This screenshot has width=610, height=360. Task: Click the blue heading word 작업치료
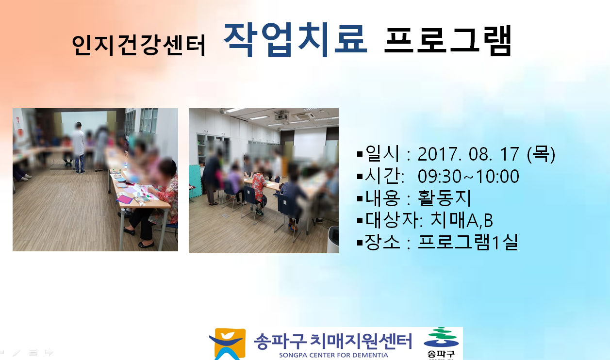click(x=296, y=40)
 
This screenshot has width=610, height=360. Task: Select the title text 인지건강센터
click(x=139, y=45)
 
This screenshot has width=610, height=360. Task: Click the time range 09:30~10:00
click(x=468, y=176)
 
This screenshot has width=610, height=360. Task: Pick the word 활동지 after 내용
click(x=444, y=198)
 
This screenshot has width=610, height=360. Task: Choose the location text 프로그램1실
click(x=468, y=242)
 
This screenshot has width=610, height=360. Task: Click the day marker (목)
click(x=541, y=154)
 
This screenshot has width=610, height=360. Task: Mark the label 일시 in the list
click(x=382, y=153)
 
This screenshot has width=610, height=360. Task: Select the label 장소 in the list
click(x=382, y=242)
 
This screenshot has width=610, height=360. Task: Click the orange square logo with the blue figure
click(x=228, y=344)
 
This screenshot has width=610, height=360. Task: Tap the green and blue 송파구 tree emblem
click(x=441, y=337)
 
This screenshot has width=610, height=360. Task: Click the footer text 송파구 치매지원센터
click(x=332, y=342)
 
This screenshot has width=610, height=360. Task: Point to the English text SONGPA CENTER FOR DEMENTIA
click(x=333, y=355)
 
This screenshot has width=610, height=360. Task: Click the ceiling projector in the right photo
click(x=281, y=116)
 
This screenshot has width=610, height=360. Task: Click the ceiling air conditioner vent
click(x=303, y=116)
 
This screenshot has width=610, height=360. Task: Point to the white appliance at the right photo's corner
click(x=332, y=240)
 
